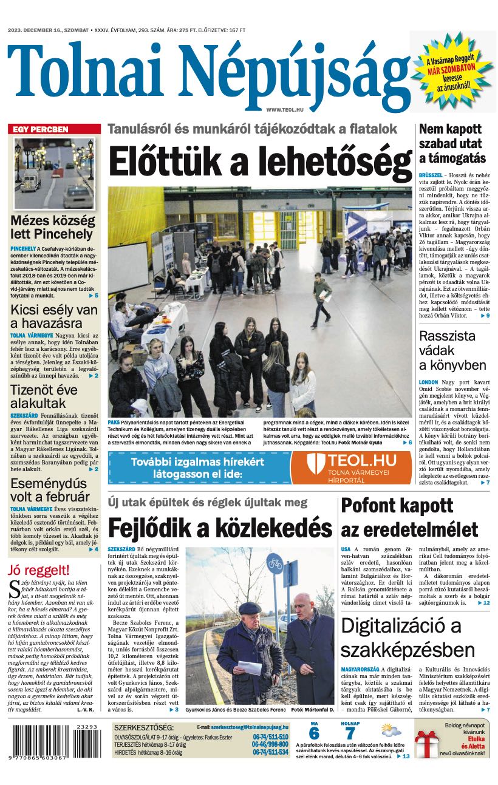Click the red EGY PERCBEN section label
tap(41, 129)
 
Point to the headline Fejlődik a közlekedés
tap(220, 526)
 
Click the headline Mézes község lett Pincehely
tap(52, 227)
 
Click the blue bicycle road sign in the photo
tap(275, 563)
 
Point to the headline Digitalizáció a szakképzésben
tap(408, 637)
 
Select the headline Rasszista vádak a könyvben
tap(452, 350)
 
